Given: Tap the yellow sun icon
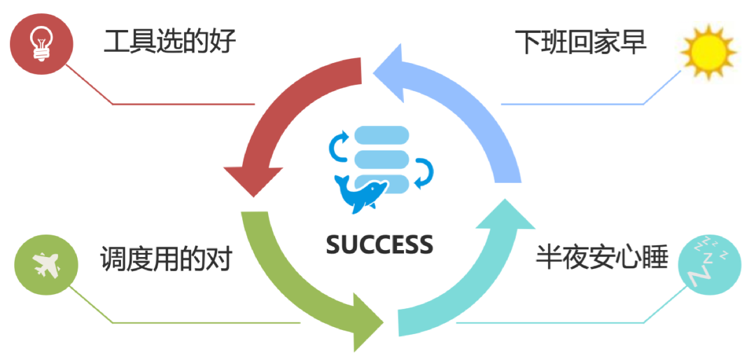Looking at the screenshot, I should pos(709,51).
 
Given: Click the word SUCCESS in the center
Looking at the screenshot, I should pos(379,244).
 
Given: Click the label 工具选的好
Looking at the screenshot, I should pos(169,41).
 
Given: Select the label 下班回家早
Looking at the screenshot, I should pos(580,41).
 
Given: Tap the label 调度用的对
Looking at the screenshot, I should pos(165,259).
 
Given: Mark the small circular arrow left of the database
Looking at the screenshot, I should pos(339,146).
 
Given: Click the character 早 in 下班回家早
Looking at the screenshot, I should pos(633,41).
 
